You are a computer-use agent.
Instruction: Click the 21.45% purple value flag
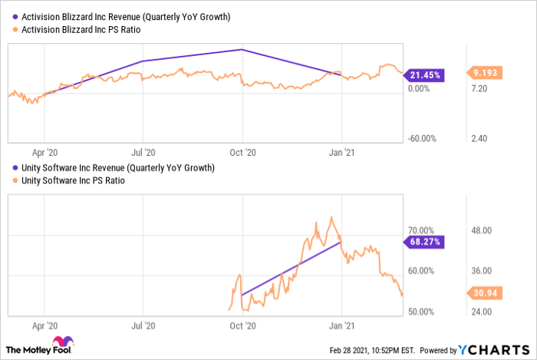point(423,75)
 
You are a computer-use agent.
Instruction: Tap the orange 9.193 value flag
point(485,73)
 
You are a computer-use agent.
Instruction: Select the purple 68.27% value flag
point(423,242)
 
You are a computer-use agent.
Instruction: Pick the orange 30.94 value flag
point(485,293)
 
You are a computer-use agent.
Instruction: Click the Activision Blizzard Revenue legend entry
point(121,17)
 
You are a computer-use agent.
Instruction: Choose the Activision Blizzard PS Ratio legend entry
point(77,30)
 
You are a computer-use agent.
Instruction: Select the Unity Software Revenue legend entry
point(114,168)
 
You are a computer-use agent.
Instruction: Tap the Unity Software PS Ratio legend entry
point(69,180)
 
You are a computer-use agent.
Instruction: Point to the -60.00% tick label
point(422,139)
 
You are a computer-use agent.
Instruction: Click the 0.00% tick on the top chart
point(419,89)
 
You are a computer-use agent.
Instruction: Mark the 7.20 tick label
point(479,89)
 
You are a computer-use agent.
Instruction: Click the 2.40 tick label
point(479,139)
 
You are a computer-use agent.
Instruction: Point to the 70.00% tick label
point(421,230)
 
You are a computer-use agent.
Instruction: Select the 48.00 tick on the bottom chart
point(482,230)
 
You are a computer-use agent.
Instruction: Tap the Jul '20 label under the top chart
point(143,153)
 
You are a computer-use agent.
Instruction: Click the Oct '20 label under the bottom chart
point(243,325)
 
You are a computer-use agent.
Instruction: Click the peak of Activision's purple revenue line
point(242,50)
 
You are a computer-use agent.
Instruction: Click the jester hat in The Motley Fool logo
point(63,341)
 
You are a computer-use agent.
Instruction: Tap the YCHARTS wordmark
point(494,350)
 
